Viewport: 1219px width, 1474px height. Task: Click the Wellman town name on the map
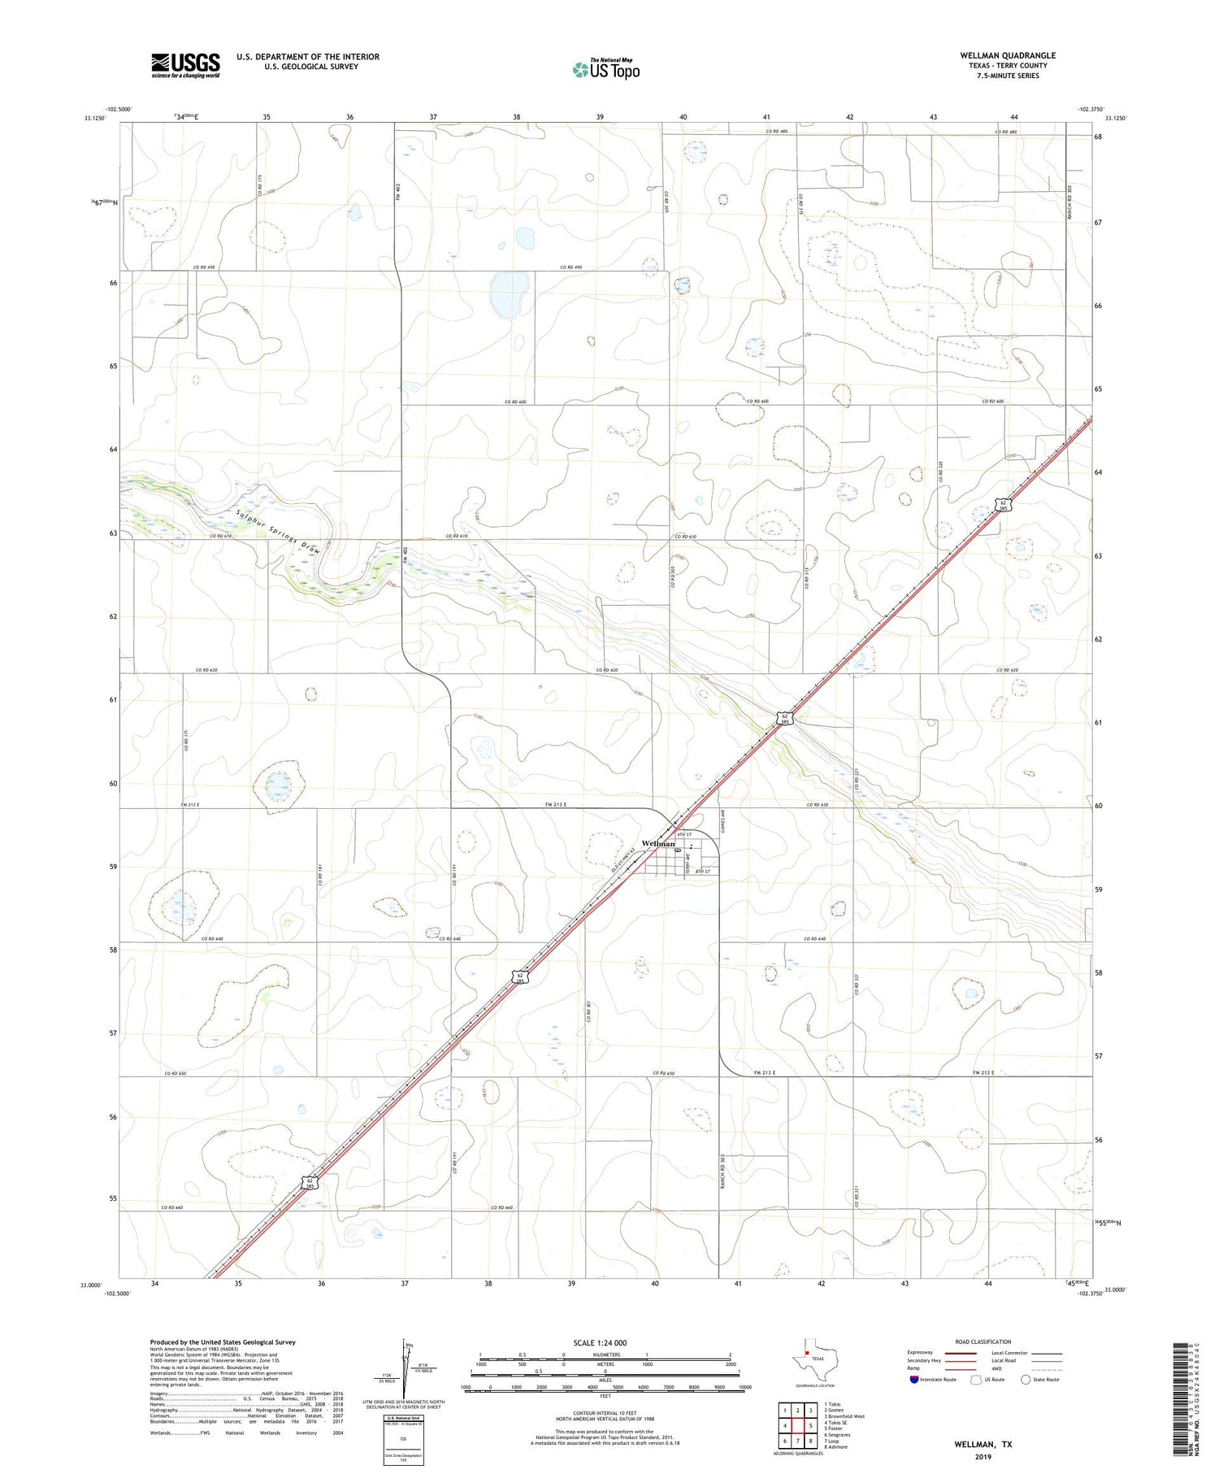coord(657,843)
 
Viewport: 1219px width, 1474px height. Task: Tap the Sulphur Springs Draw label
coord(276,531)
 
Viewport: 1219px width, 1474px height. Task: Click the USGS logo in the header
coord(185,65)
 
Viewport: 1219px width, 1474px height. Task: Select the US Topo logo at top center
coord(605,69)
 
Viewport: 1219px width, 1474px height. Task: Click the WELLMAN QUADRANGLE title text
coord(1007,55)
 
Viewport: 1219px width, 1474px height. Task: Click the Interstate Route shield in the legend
coord(914,1379)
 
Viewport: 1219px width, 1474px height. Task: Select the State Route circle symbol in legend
coord(1026,1379)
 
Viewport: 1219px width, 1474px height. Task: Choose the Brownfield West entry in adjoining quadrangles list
coord(844,1415)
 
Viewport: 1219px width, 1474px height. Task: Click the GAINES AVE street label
coord(722,825)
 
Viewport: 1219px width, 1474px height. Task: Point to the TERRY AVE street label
coord(688,858)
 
